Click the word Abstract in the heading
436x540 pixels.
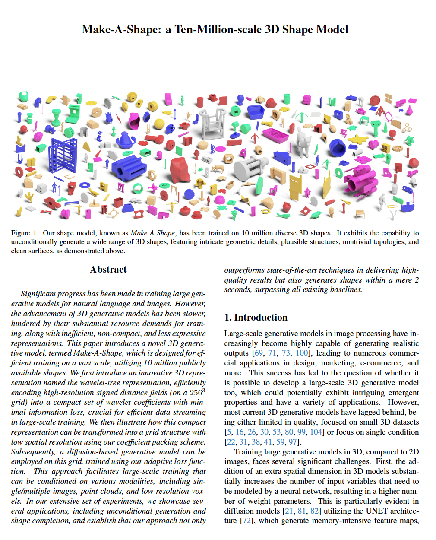coord(108,270)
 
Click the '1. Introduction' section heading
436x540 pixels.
coord(256,318)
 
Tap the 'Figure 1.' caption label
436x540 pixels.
coord(24,233)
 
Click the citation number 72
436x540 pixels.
coord(246,521)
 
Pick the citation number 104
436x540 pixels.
coord(316,432)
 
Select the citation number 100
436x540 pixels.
coord(302,353)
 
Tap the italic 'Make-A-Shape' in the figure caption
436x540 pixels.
coord(153,233)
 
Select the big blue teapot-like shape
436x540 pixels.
coord(126,140)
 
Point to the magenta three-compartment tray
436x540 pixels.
coord(275,135)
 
